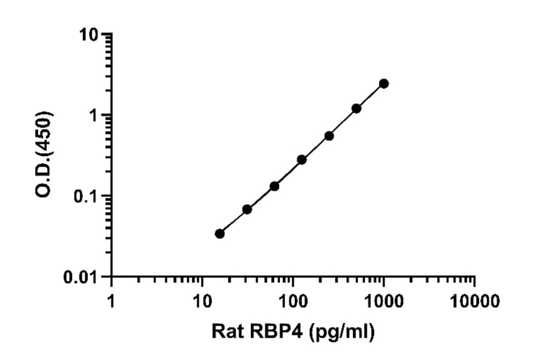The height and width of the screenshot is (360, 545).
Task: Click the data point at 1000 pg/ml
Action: click(x=383, y=84)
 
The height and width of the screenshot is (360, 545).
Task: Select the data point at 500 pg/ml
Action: click(x=356, y=108)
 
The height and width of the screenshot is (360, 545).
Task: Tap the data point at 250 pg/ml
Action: click(x=329, y=136)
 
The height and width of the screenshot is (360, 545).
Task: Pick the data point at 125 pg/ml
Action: click(x=302, y=159)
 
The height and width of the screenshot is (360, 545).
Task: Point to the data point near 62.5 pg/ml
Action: click(x=274, y=186)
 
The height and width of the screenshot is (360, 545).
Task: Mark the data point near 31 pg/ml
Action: click(x=247, y=209)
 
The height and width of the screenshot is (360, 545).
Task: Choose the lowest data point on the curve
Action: click(x=220, y=233)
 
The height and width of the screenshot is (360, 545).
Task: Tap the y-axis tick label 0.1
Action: click(x=85, y=196)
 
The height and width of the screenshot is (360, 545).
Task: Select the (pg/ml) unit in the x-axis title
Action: click(x=342, y=332)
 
